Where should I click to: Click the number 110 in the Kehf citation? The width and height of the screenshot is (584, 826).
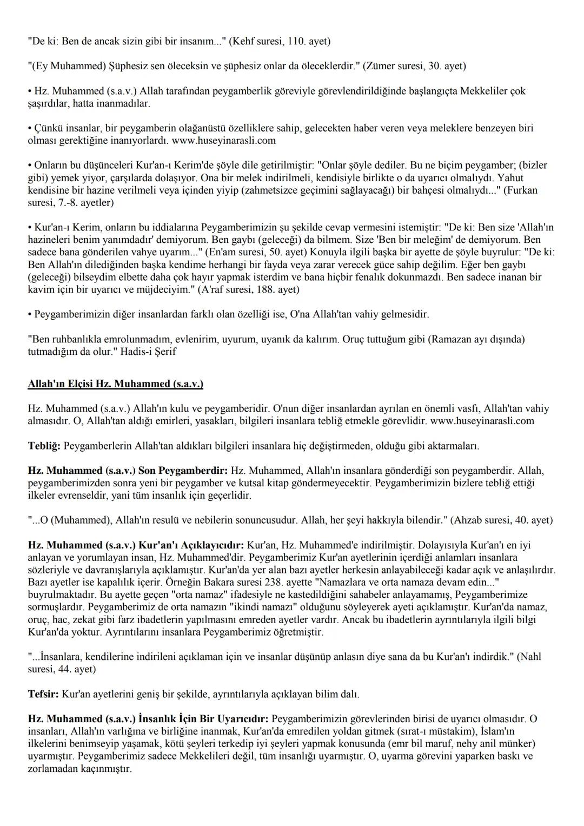pyautogui.click(x=283, y=41)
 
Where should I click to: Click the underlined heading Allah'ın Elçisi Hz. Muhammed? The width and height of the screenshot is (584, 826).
pyautogui.click(x=115, y=384)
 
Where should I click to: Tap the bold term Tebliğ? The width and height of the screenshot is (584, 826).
pyautogui.click(x=44, y=446)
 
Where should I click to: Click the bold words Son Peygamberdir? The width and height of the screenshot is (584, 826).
pyautogui.click(x=184, y=471)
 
